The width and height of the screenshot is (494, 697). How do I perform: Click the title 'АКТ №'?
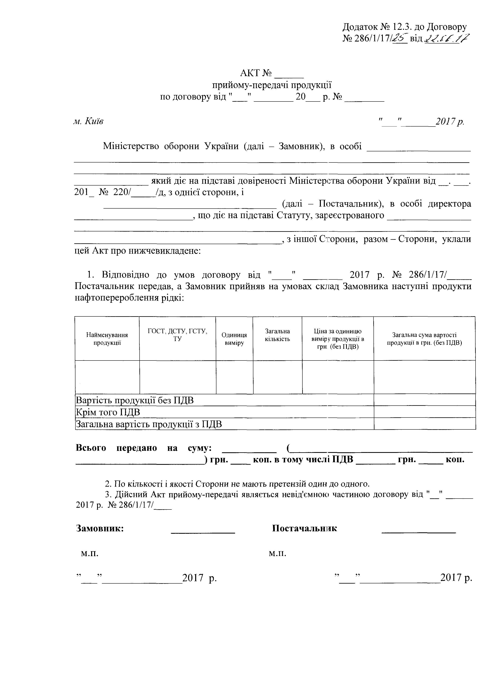click(256, 73)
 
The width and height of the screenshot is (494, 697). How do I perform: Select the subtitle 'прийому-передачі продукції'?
click(272, 85)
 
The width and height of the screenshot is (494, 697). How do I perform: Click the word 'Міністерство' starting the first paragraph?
click(131, 146)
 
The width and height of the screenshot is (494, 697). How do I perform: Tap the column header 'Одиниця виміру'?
click(234, 339)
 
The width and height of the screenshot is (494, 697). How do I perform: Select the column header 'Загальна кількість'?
click(277, 335)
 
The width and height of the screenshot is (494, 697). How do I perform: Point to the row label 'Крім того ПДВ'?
click(108, 412)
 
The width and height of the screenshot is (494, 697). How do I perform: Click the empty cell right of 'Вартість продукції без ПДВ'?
click(425, 400)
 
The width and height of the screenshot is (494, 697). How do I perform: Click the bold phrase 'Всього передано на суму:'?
click(144, 448)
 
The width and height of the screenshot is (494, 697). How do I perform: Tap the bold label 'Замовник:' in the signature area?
click(100, 528)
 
